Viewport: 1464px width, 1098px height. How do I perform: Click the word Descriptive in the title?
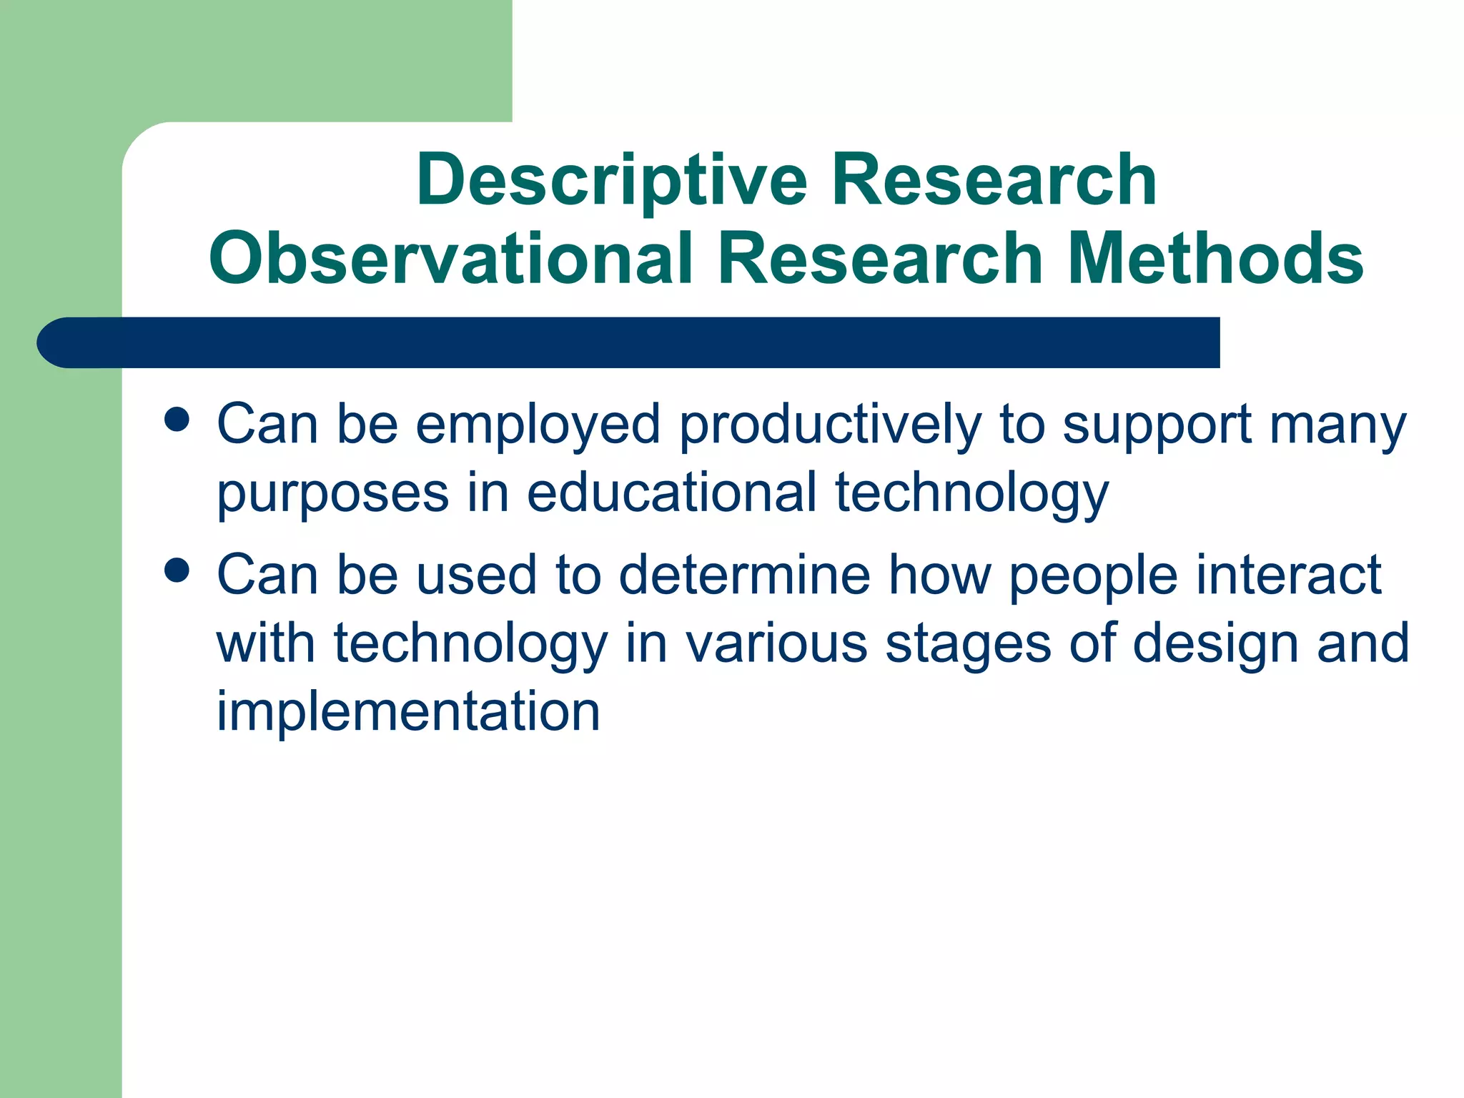click(612, 180)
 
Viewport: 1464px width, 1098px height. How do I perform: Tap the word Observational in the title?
click(450, 259)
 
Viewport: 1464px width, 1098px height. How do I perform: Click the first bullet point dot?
click(177, 420)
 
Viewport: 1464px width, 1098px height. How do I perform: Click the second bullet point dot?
click(177, 570)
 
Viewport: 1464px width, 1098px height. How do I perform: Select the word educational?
click(671, 493)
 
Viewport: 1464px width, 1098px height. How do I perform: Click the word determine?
click(744, 575)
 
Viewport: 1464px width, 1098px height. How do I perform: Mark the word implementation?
click(408, 712)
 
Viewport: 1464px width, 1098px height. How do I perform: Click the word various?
click(776, 643)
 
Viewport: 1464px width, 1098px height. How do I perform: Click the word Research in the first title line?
click(993, 180)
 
